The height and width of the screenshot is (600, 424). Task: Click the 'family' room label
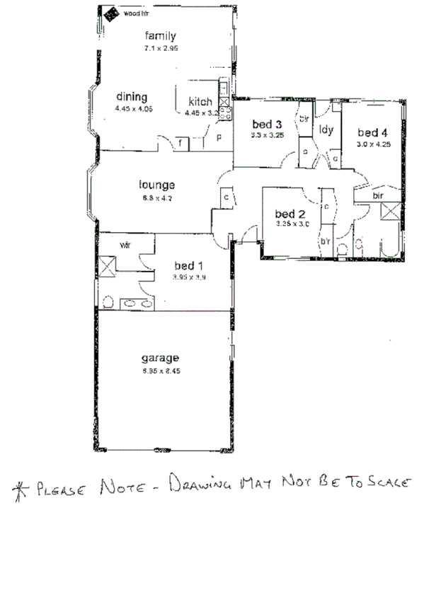[160, 35]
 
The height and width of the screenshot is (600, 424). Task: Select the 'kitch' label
[200, 102]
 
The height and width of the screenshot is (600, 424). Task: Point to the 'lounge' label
[156, 186]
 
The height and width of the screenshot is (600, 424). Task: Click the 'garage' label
[159, 357]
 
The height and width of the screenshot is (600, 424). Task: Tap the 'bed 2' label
[290, 214]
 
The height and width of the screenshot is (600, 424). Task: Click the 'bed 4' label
[373, 132]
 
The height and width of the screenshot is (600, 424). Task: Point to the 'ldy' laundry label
[326, 129]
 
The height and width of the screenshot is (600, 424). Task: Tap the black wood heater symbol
[110, 13]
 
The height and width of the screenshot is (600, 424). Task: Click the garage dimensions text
[160, 371]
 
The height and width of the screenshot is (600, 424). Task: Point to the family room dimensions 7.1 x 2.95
[160, 49]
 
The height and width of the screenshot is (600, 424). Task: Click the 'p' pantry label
[219, 137]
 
